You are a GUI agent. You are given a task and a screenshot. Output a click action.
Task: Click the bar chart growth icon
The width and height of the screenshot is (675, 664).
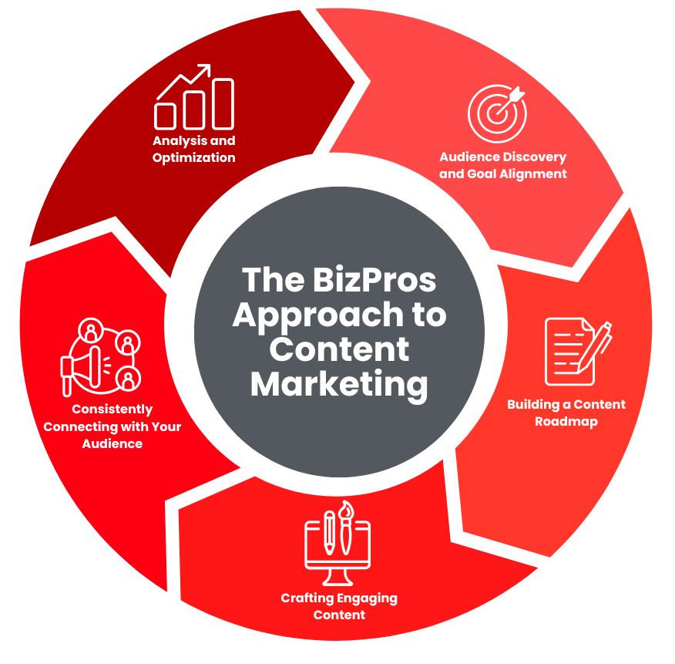194,97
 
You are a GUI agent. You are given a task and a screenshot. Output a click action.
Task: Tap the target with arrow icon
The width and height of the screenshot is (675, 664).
497,113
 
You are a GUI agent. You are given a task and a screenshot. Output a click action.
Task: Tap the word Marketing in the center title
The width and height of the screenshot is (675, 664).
339,383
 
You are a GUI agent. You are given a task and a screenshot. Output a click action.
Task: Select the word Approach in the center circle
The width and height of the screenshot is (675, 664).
308,315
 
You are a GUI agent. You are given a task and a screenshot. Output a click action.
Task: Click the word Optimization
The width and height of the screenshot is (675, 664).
193,158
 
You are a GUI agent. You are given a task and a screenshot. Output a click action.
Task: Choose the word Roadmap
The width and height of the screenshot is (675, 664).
566,422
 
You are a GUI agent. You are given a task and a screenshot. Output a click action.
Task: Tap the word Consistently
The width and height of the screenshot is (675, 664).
112,410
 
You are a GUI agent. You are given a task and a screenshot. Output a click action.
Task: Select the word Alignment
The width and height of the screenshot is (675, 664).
531,174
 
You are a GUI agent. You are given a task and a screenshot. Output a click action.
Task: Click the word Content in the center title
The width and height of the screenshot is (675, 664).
339,349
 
